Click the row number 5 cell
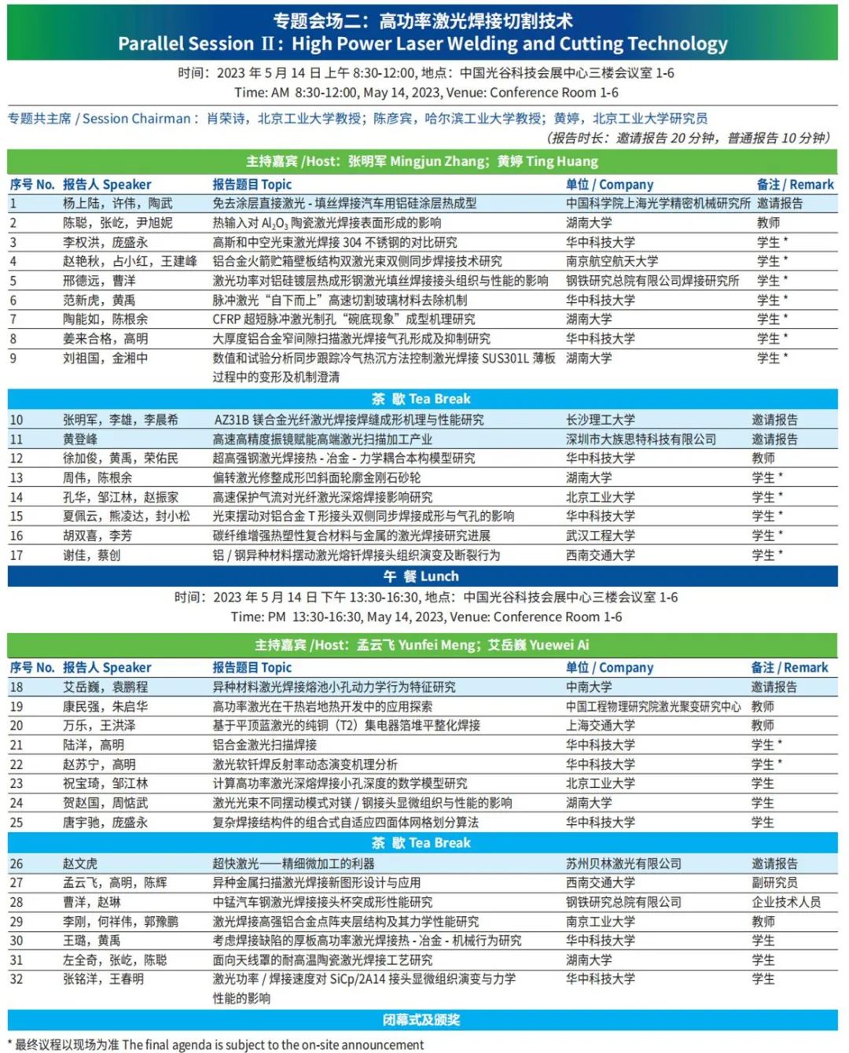[x=13, y=281]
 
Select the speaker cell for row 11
[x=80, y=440]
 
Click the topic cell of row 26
[x=293, y=863]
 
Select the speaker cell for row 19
[x=105, y=706]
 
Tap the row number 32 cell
[x=17, y=979]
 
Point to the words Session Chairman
[x=136, y=119]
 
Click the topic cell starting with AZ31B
[x=349, y=420]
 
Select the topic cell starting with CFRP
[x=344, y=319]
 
